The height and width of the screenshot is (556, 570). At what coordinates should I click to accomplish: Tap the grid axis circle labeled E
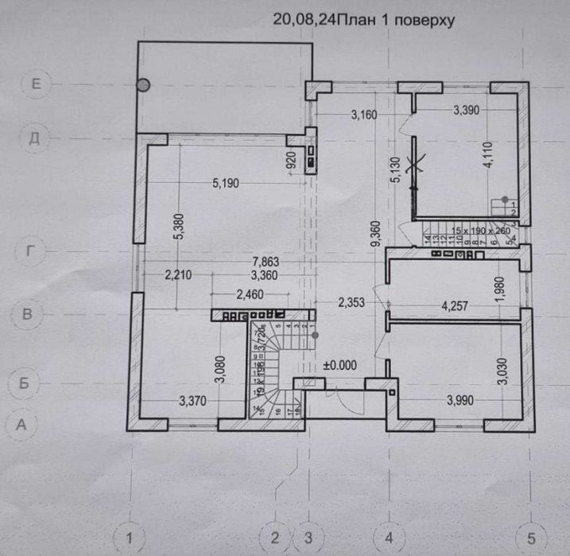34,82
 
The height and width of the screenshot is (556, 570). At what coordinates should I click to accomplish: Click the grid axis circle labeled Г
30,252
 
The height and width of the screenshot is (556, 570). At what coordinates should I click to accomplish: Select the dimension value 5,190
229,184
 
